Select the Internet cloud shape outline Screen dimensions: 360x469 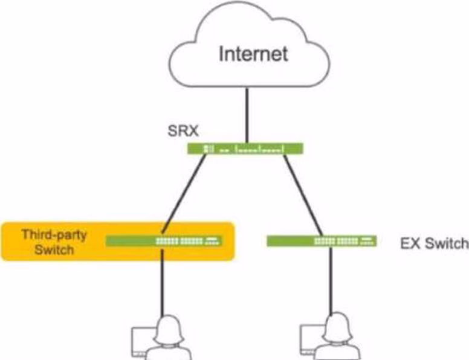tap(181, 60)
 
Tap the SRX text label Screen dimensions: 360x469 tap(180, 130)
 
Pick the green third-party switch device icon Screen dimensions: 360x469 tap(164, 241)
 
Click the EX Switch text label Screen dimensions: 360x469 tap(434, 243)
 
